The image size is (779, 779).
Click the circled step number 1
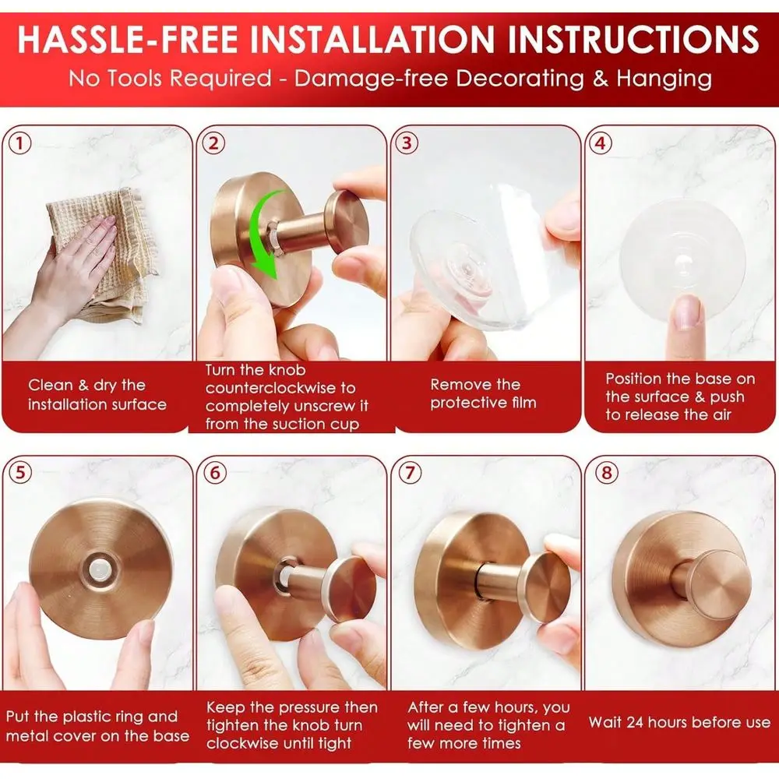tap(20, 143)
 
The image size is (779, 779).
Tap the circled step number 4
tap(600, 143)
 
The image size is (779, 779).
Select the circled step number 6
tap(215, 472)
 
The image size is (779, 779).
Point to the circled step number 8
tap(607, 472)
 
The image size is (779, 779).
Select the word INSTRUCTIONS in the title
tap(634, 39)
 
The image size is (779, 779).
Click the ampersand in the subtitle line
tap(600, 79)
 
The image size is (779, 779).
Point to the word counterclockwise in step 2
tap(280, 388)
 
